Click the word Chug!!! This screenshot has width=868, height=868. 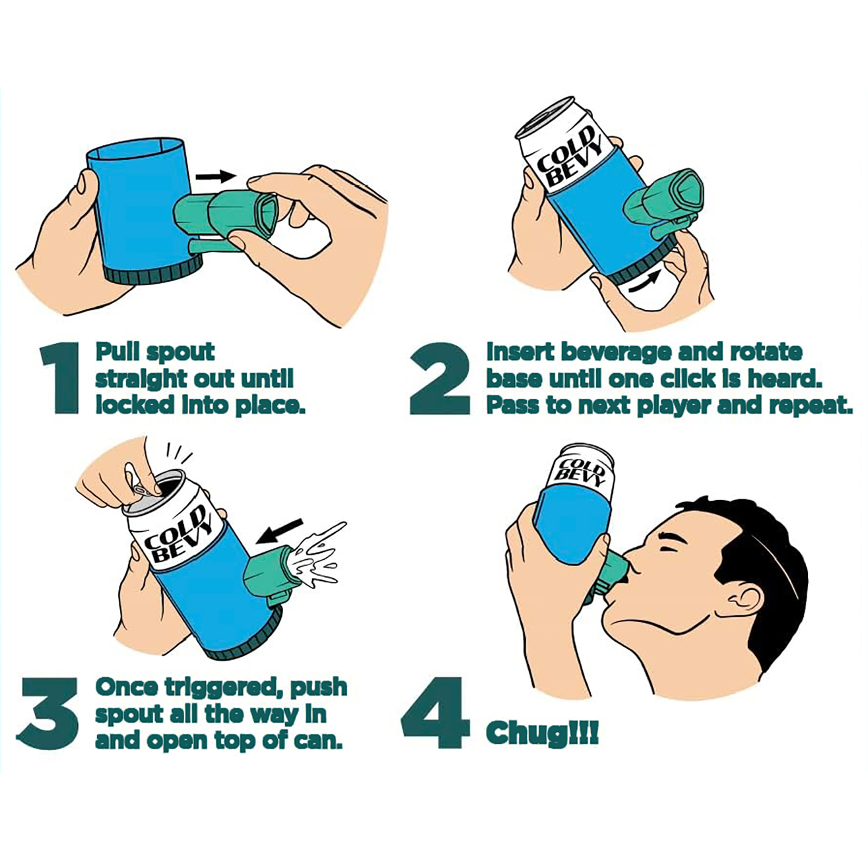[542, 734]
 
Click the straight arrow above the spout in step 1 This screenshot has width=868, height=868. [216, 176]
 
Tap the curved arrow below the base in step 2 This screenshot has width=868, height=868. [644, 282]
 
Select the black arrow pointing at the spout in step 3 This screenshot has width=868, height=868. [280, 531]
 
